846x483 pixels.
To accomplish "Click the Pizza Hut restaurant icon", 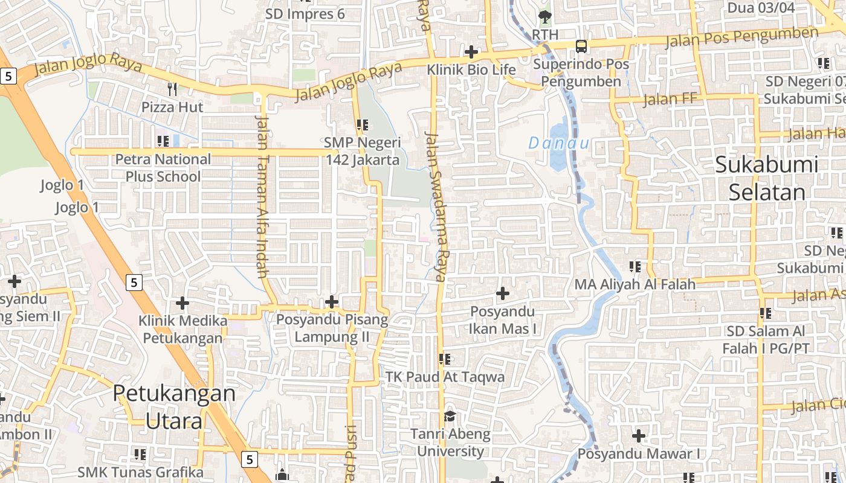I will pyautogui.click(x=172, y=89).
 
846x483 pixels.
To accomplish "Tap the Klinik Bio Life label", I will pyautogui.click(x=471, y=69).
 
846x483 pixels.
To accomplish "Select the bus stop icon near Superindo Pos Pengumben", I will pyautogui.click(x=581, y=46).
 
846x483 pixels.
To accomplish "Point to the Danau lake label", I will pyautogui.click(x=558, y=143).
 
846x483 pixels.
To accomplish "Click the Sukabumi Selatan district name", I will pyautogui.click(x=767, y=178).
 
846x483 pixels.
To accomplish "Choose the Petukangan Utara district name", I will pyautogui.click(x=174, y=406).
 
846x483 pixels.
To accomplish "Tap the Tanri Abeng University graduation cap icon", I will pyautogui.click(x=450, y=416).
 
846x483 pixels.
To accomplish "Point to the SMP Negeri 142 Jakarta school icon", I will pyautogui.click(x=363, y=125).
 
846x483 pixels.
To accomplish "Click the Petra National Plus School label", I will pyautogui.click(x=163, y=168).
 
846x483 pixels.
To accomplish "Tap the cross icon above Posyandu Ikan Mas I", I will pyautogui.click(x=502, y=294).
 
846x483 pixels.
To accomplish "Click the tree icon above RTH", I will pyautogui.click(x=545, y=16).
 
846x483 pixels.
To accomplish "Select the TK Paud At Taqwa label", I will pyautogui.click(x=445, y=377).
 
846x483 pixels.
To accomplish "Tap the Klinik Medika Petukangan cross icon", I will pyautogui.click(x=182, y=303).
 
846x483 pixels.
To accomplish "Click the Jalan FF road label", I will pyautogui.click(x=670, y=99).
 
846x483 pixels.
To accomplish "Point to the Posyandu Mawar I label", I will pyautogui.click(x=639, y=453).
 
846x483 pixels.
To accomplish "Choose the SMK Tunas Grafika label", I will pyautogui.click(x=140, y=472).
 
